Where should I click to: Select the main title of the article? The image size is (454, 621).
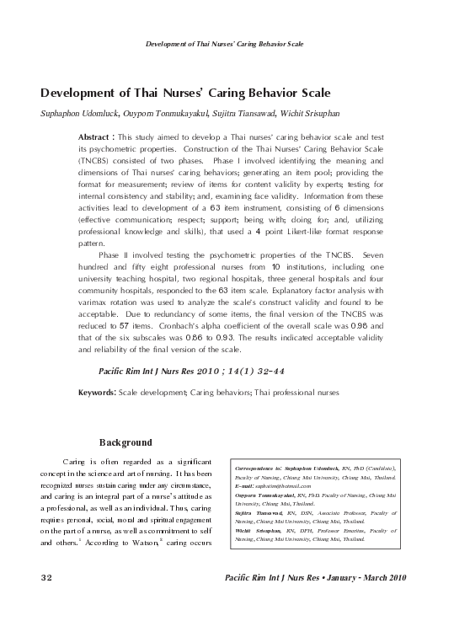click(x=184, y=92)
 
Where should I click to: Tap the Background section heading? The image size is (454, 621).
click(x=126, y=442)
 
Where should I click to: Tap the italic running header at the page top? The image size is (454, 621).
click(x=225, y=42)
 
